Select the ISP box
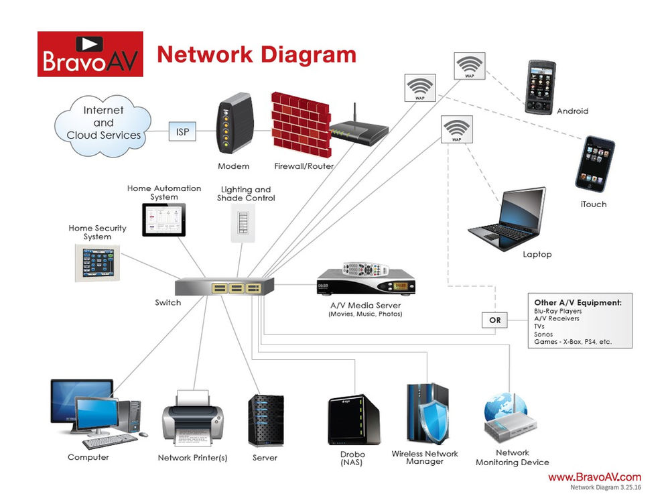(x=182, y=131)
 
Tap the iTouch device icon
(x=595, y=164)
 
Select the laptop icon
(x=507, y=219)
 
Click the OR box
(x=495, y=320)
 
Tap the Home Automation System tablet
(x=163, y=219)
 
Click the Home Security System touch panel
(x=98, y=262)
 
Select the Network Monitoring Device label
(x=512, y=457)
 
